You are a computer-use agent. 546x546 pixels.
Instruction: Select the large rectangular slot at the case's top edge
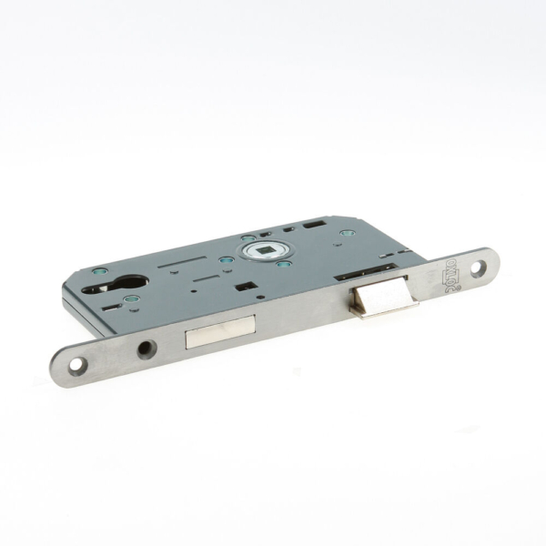point(316,222)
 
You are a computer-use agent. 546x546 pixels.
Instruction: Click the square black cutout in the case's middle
point(242,288)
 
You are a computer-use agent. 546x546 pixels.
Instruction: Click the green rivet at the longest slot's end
point(226,259)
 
